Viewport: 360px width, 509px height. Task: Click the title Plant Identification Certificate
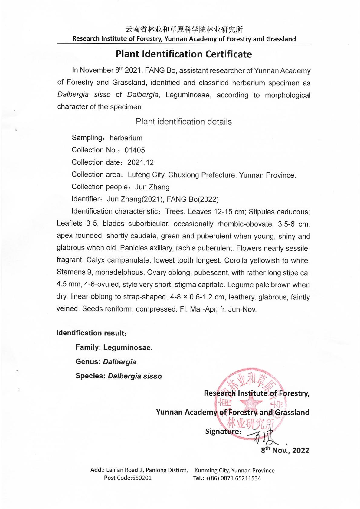coord(184,54)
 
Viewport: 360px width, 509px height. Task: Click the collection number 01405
coord(135,150)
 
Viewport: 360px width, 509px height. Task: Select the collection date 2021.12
coord(140,162)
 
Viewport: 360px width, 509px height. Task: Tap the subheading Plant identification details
coord(184,122)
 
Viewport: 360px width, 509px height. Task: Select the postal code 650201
coord(142,478)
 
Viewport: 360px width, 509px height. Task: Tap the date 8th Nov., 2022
coord(285,450)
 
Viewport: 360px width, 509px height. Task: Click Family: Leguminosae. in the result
coord(114,347)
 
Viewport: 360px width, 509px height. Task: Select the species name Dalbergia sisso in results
coord(135,376)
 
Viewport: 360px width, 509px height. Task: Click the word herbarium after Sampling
coord(126,138)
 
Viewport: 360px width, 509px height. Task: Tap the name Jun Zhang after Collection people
coord(152,187)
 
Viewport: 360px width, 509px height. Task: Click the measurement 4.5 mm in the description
coord(67,285)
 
